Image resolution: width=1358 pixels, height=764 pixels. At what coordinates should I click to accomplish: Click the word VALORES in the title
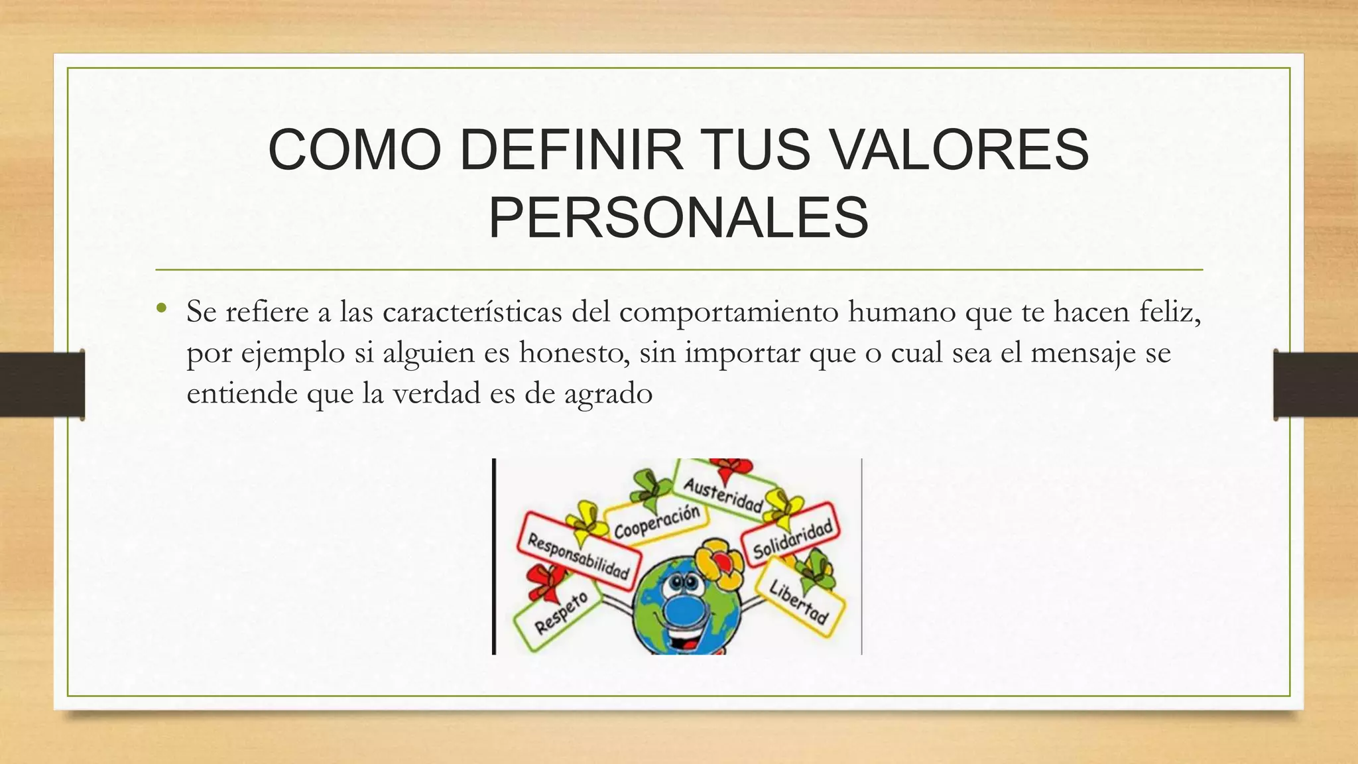click(960, 150)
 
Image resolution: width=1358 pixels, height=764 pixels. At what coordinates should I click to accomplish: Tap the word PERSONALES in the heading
click(678, 218)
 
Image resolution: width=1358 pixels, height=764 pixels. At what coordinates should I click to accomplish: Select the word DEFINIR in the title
click(571, 150)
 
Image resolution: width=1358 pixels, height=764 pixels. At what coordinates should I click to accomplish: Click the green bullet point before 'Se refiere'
click(162, 308)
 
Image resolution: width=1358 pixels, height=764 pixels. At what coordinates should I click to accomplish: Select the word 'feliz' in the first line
click(1170, 312)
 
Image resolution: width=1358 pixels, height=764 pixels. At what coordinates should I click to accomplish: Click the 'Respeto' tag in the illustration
click(560, 613)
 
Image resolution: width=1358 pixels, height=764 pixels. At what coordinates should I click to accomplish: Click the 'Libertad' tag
click(799, 601)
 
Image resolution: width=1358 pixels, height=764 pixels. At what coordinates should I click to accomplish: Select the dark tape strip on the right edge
click(1316, 385)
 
